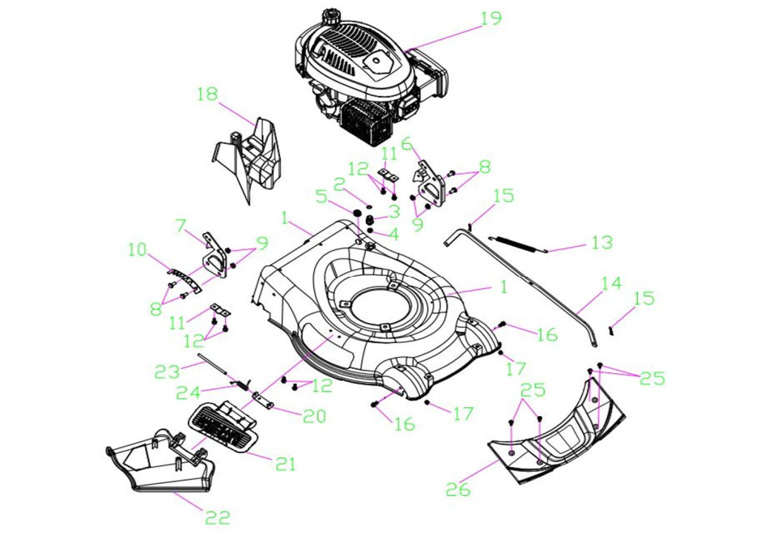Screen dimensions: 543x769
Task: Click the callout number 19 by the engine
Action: click(x=491, y=19)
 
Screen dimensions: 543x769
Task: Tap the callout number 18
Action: click(x=208, y=95)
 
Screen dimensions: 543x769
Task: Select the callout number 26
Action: click(x=457, y=489)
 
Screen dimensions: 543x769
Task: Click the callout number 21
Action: click(x=286, y=464)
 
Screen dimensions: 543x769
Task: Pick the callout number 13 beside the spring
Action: click(x=602, y=242)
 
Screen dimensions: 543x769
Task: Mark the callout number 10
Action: click(x=138, y=250)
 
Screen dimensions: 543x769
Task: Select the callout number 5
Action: click(x=321, y=195)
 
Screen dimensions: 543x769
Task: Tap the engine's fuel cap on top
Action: click(x=330, y=15)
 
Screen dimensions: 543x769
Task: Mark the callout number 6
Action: click(x=406, y=143)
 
